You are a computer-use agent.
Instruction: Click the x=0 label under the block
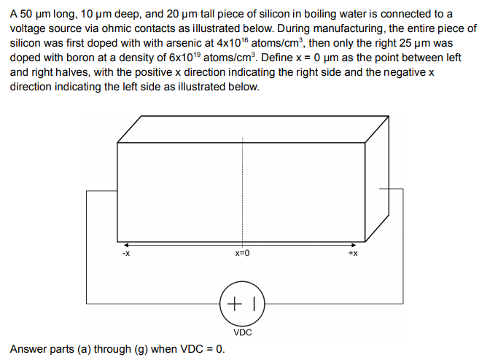242,254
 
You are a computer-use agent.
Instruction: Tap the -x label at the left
125,254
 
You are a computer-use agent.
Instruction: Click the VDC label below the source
243,332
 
